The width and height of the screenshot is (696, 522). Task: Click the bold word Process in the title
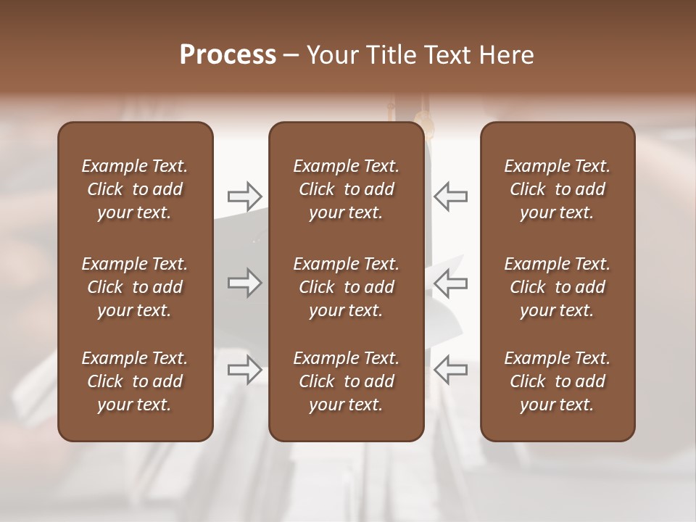pyautogui.click(x=228, y=55)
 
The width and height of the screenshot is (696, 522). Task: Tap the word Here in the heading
pyautogui.click(x=506, y=55)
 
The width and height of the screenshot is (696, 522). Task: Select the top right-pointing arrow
pyautogui.click(x=244, y=196)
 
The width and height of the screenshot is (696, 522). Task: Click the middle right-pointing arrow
pyautogui.click(x=244, y=283)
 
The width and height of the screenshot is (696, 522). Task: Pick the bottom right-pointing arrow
pyautogui.click(x=244, y=370)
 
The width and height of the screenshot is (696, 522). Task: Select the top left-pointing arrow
pyautogui.click(x=450, y=196)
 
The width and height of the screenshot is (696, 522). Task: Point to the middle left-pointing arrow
pyautogui.click(x=450, y=283)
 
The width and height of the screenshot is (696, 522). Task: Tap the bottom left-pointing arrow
pyautogui.click(x=450, y=370)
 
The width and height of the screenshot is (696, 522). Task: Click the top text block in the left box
pyautogui.click(x=135, y=189)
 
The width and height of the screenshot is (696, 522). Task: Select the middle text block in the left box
pyautogui.click(x=135, y=287)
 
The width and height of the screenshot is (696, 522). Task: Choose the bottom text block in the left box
pyautogui.click(x=135, y=381)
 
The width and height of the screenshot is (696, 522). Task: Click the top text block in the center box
pyautogui.click(x=347, y=189)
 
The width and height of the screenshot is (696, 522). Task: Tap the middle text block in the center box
pyautogui.click(x=347, y=287)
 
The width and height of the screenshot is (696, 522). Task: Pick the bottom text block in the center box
pyautogui.click(x=347, y=381)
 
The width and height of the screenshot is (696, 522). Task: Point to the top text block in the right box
pyautogui.click(x=558, y=189)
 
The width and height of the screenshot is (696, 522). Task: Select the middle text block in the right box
pyautogui.click(x=558, y=287)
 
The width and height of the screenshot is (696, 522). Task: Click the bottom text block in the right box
pyautogui.click(x=558, y=381)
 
